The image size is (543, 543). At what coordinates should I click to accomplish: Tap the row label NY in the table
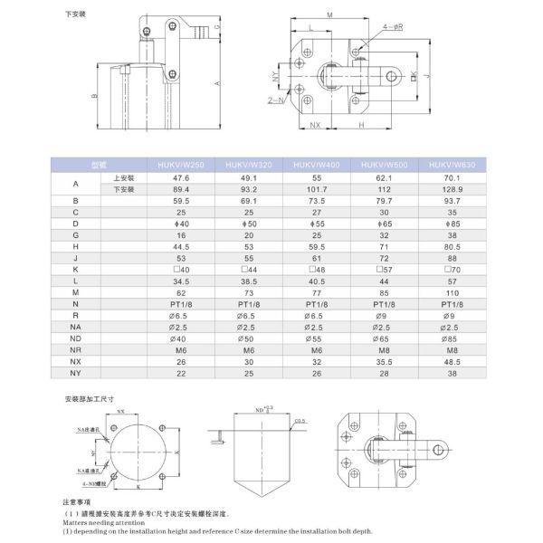[75, 373]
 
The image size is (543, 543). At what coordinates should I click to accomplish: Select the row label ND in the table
[75, 338]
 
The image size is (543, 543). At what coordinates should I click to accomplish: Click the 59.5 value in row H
[316, 247]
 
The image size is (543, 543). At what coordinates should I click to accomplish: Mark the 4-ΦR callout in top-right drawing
[391, 28]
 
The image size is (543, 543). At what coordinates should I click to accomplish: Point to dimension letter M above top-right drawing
[329, 15]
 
